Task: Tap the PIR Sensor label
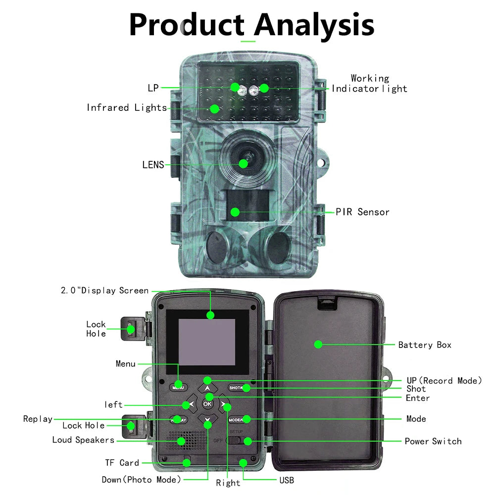(362, 212)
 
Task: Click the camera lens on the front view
(243, 163)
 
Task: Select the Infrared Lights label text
(127, 107)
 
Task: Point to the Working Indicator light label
(369, 84)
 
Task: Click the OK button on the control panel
(207, 403)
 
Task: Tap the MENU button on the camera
(178, 388)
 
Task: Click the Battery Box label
(425, 345)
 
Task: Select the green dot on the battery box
(318, 344)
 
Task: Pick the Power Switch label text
(433, 441)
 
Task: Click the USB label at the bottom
(286, 480)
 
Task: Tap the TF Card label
(122, 463)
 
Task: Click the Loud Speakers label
(83, 440)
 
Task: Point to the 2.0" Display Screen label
(104, 291)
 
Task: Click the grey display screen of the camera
(207, 342)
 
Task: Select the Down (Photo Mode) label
(142, 480)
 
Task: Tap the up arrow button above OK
(207, 388)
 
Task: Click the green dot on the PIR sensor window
(235, 212)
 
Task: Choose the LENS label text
(153, 165)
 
